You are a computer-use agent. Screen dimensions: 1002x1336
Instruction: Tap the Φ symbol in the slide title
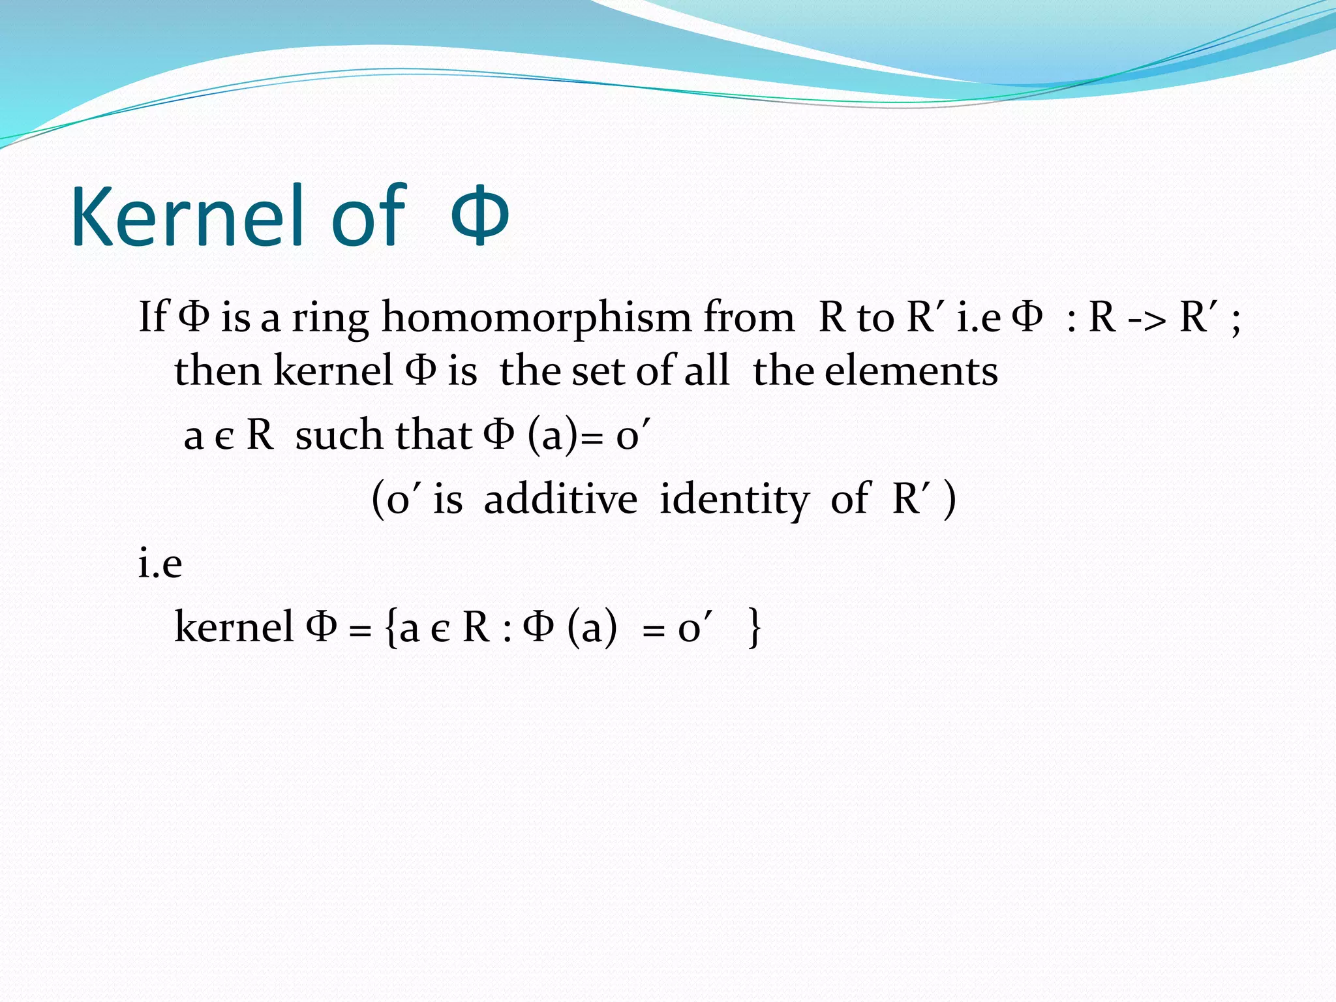pos(479,217)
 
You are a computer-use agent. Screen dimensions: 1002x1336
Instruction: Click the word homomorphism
pos(536,318)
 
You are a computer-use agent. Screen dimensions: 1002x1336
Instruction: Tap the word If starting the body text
pos(153,317)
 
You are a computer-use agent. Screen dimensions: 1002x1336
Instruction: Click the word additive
pos(560,499)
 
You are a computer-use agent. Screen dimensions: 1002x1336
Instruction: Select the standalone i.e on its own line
pos(160,563)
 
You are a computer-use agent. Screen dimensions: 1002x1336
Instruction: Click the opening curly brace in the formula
pos(391,628)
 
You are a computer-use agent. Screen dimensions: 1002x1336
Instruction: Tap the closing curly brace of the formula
pos(753,628)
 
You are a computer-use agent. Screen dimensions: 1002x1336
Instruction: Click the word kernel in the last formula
pos(234,627)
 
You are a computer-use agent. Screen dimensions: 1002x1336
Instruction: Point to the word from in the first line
pos(748,318)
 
